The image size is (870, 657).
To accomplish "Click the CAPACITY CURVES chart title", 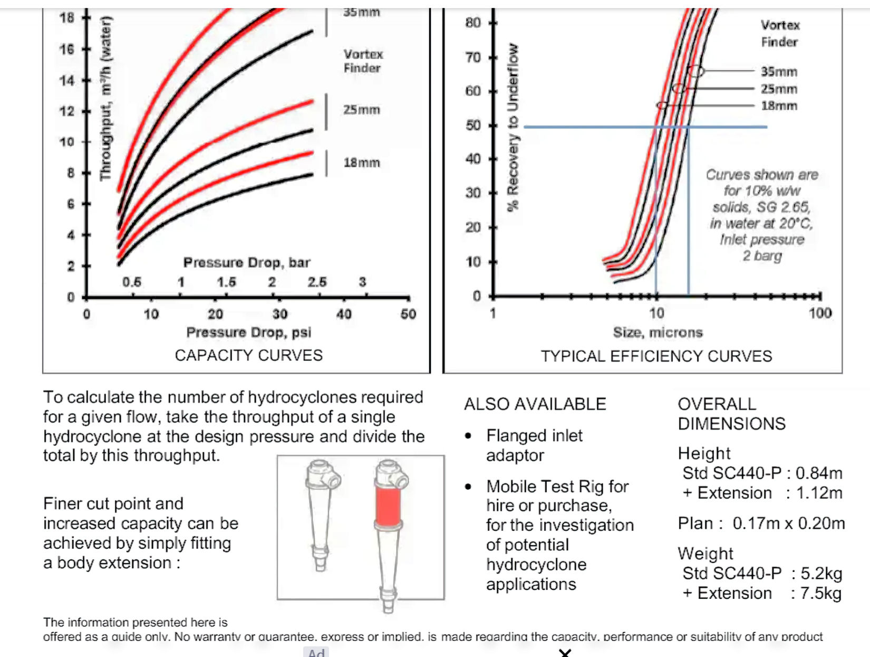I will [x=248, y=355].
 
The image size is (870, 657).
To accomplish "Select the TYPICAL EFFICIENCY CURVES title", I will [x=656, y=356].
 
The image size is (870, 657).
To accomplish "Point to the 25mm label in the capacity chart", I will [x=362, y=110].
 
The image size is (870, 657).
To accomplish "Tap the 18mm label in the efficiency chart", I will [x=779, y=106].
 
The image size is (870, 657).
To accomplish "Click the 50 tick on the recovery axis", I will [x=473, y=126].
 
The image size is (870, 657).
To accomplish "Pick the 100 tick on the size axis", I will [x=820, y=313].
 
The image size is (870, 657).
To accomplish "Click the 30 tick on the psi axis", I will [x=279, y=314].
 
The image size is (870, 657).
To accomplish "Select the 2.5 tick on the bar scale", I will [x=317, y=282].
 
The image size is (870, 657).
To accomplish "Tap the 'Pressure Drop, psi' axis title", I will [x=248, y=332].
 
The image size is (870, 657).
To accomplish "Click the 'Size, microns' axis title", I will [x=658, y=332].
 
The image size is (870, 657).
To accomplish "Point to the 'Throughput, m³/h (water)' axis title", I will [x=106, y=99].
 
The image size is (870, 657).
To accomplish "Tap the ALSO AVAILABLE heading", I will [x=535, y=404].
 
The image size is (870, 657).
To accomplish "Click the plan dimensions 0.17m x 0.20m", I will [x=788, y=523].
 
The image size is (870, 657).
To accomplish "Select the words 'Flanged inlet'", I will [x=534, y=435].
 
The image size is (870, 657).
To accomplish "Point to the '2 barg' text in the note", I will [x=762, y=256].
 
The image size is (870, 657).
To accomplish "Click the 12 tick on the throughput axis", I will [x=67, y=111].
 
